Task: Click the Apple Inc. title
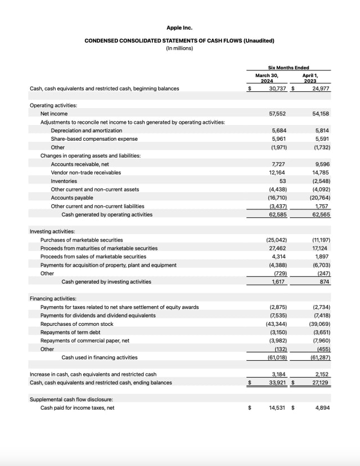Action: pyautogui.click(x=179, y=28)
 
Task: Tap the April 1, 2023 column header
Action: pyautogui.click(x=310, y=78)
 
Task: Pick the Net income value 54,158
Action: pyautogui.click(x=321, y=114)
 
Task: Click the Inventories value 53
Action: pyautogui.click(x=282, y=181)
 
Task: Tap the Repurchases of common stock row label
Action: pyautogui.click(x=76, y=324)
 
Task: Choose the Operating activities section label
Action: pyautogui.click(x=53, y=105)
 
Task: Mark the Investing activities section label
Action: pyautogui.click(x=52, y=231)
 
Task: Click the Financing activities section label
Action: pyautogui.click(x=53, y=299)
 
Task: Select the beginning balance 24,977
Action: pyautogui.click(x=321, y=88)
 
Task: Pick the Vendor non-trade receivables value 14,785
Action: pyautogui.click(x=321, y=173)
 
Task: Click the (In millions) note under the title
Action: pyautogui.click(x=179, y=48)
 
